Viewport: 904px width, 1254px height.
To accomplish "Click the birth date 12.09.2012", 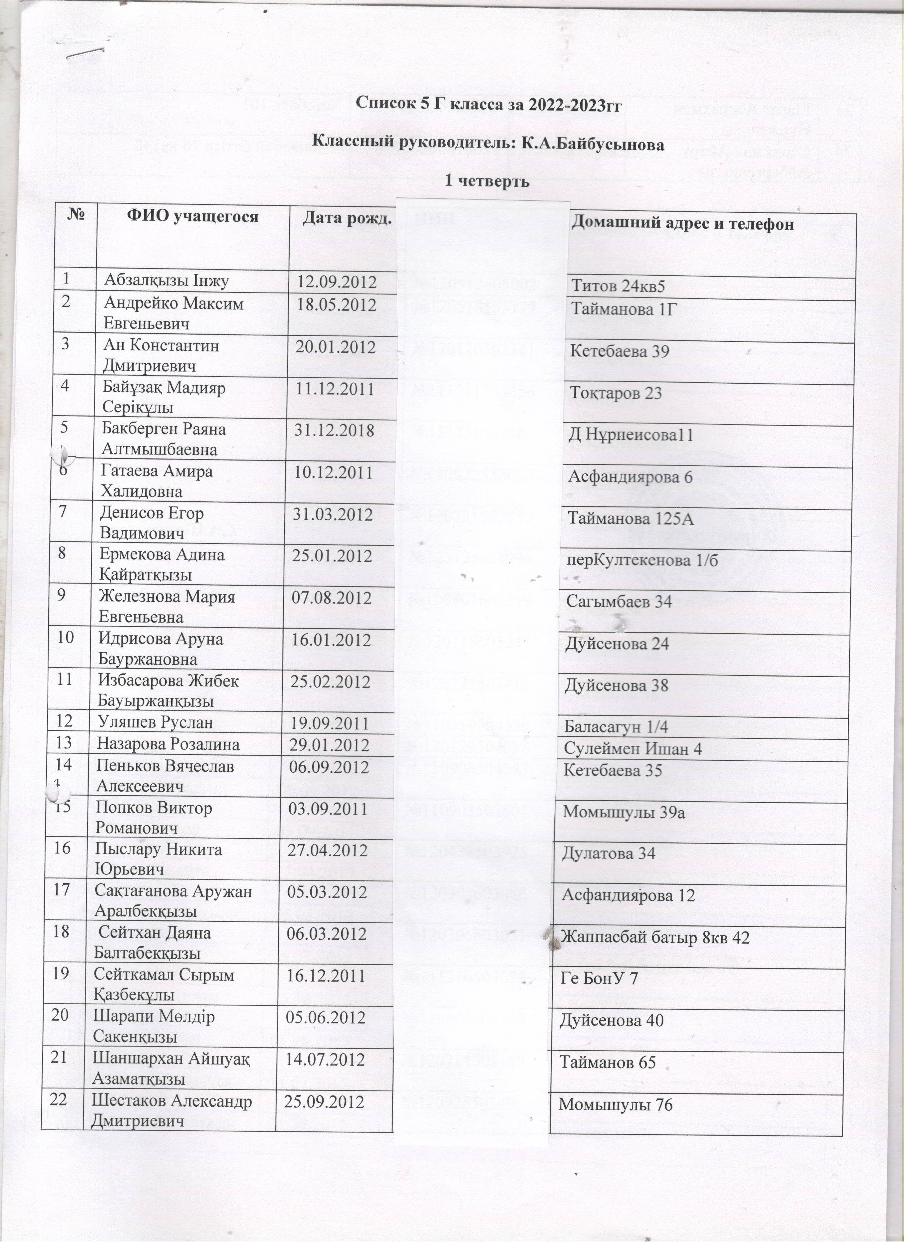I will [x=337, y=282].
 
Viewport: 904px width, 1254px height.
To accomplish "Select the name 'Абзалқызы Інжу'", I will [x=166, y=281].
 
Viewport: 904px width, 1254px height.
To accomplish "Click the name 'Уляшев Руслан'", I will [x=155, y=723].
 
